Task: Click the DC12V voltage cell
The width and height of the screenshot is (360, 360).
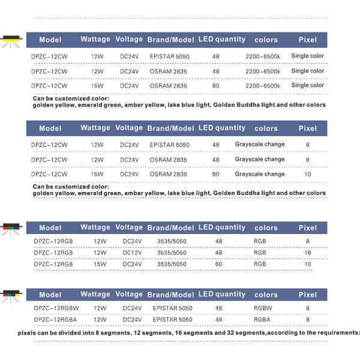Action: click(132, 253)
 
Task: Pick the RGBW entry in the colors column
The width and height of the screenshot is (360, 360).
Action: click(263, 308)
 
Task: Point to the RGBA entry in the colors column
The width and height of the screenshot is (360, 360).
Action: click(262, 320)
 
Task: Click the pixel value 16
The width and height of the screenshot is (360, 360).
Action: click(307, 253)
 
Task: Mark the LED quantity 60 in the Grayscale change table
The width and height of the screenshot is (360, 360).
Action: click(215, 174)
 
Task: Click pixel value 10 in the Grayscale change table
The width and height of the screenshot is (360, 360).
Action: click(307, 174)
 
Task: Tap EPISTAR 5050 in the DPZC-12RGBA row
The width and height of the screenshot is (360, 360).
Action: click(173, 320)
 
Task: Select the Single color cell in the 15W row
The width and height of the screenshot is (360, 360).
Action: click(307, 85)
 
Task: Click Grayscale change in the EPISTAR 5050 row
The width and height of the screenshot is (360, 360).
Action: click(260, 145)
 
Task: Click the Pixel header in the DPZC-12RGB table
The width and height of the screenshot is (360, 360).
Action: click(307, 228)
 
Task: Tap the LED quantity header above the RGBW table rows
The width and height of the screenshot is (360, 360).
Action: click(222, 295)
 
